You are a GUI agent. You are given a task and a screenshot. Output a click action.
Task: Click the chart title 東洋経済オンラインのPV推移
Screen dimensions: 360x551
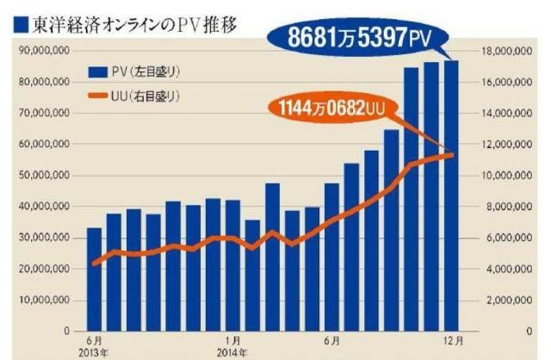134,27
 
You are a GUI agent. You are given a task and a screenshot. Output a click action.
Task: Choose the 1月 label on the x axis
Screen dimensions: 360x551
232,341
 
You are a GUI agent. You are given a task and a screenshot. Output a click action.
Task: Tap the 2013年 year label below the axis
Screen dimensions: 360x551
92,352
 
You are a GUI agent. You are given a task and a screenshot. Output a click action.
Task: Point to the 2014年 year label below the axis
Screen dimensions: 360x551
232,352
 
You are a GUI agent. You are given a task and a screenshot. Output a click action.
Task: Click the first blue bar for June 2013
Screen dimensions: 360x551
94,279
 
